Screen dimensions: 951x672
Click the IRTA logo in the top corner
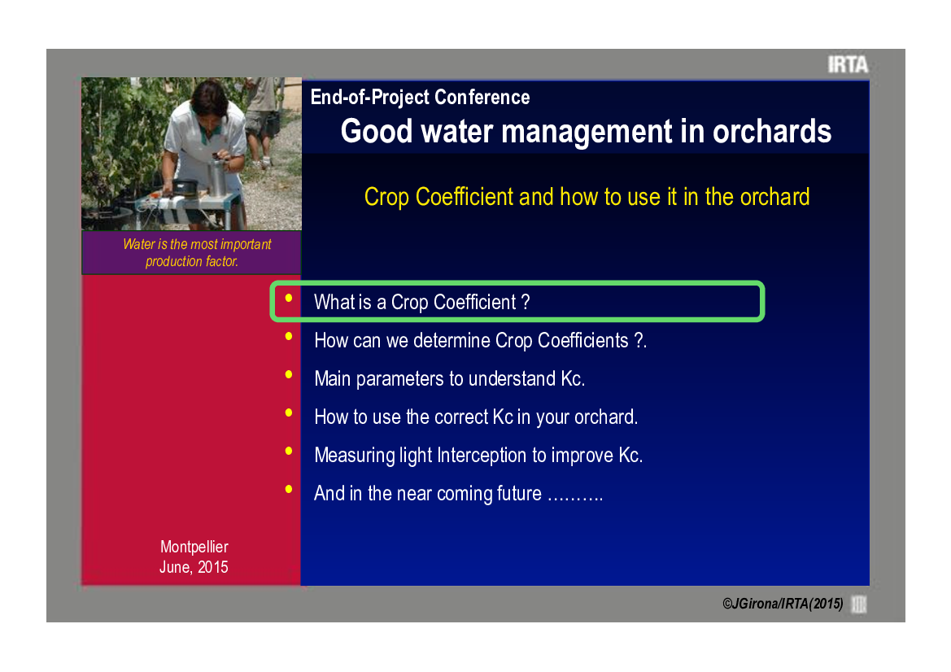pyautogui.click(x=848, y=64)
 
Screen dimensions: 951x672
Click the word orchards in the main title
pyautogui.click(x=771, y=131)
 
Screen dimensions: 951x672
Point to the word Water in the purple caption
pyautogui.click(x=139, y=244)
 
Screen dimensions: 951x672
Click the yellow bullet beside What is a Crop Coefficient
pyautogui.click(x=289, y=298)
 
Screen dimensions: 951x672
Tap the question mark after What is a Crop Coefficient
pyautogui.click(x=526, y=302)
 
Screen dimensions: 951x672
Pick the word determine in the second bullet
pyautogui.click(x=452, y=340)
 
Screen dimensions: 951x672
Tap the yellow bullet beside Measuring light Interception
pyautogui.click(x=289, y=451)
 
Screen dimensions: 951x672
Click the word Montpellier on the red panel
pyautogui.click(x=194, y=547)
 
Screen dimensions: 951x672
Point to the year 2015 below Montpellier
pyautogui.click(x=213, y=567)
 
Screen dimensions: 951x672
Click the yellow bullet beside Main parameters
pyautogui.click(x=289, y=374)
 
